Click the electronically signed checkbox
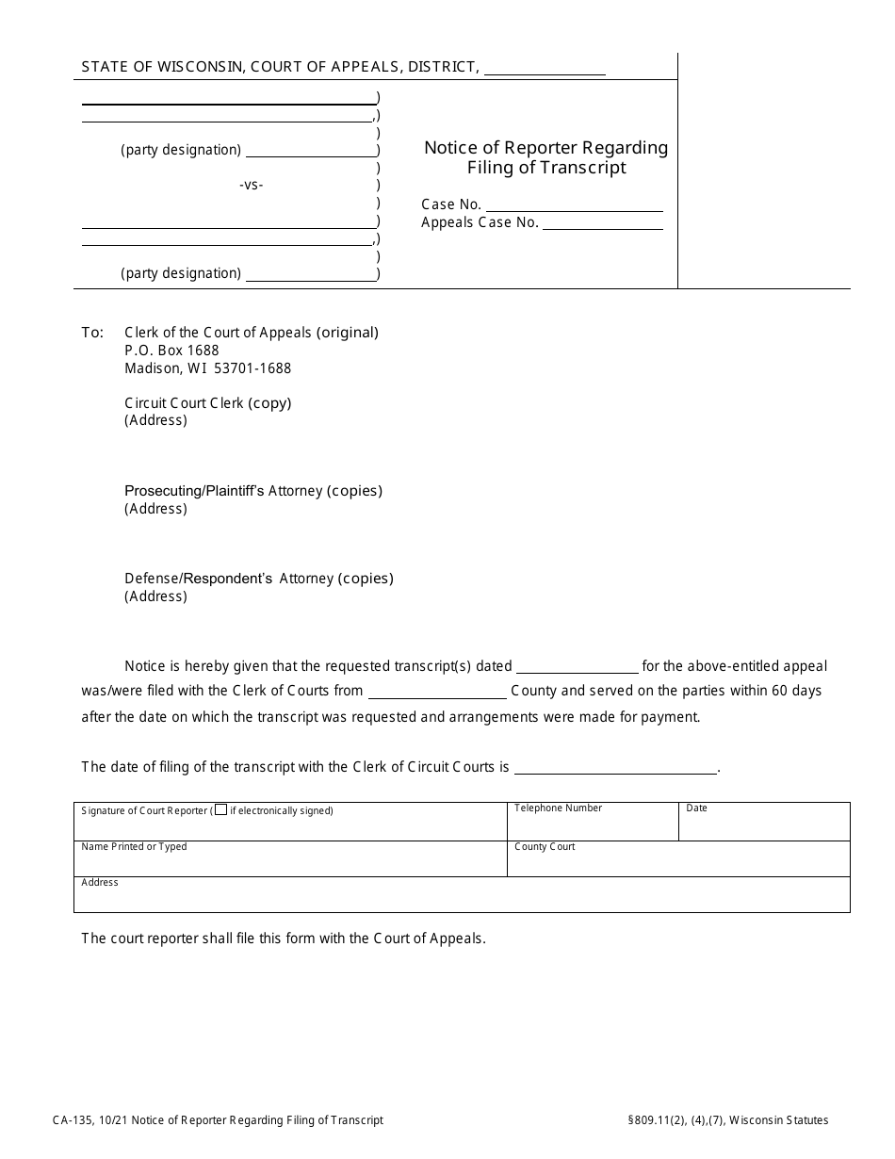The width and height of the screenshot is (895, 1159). [x=220, y=809]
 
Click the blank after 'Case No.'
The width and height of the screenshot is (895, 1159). [x=574, y=204]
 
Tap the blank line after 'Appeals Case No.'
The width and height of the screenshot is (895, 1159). [x=602, y=223]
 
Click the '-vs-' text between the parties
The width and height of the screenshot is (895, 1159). [x=252, y=185]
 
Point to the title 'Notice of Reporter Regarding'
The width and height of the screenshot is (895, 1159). [x=545, y=147]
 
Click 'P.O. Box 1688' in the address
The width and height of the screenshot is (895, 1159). [x=171, y=351]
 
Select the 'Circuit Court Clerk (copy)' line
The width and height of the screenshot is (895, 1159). [x=208, y=403]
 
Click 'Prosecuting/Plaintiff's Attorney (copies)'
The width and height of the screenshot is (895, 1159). [x=253, y=491]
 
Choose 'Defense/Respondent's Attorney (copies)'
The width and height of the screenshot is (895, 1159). [x=259, y=579]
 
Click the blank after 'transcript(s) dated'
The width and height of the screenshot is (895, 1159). [x=578, y=666]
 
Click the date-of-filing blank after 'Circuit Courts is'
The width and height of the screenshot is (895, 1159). [x=615, y=767]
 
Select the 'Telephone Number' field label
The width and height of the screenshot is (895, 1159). [x=558, y=808]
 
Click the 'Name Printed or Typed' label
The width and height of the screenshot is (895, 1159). [x=134, y=846]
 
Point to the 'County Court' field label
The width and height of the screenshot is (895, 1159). [x=545, y=846]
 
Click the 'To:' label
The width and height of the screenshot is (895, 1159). [x=92, y=333]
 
